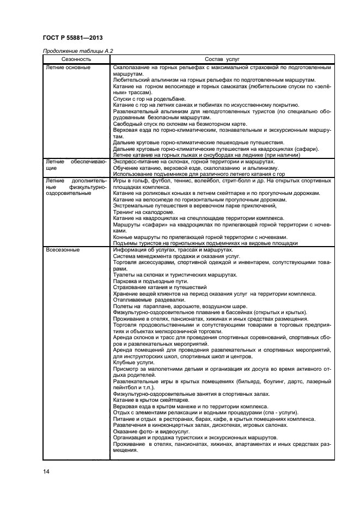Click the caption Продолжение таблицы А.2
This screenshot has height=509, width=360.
tap(77, 51)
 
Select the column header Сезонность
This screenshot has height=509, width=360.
tap(76, 59)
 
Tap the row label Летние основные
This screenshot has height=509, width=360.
tap(68, 68)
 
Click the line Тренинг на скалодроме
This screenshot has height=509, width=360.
tap(144, 212)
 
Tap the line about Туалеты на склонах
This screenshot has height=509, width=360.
tap(174, 275)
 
